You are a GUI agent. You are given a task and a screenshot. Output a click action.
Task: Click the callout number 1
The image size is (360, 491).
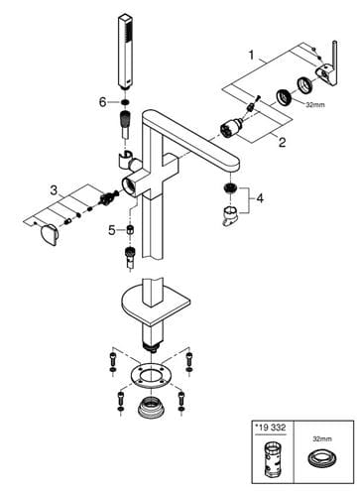[x=252, y=55]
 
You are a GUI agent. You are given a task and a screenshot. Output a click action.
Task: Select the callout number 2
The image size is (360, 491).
[x=282, y=142]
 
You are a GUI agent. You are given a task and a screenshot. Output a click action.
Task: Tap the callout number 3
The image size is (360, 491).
[x=54, y=190]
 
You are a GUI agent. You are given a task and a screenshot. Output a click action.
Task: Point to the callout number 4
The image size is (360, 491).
[x=260, y=198]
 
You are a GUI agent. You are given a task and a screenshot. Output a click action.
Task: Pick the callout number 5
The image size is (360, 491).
[x=112, y=230]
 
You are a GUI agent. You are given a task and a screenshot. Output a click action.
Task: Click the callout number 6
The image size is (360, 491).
[x=103, y=102]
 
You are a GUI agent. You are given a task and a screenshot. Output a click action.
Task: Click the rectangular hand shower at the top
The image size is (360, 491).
[x=125, y=52]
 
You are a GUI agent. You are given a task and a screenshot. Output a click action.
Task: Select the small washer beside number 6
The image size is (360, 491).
[x=125, y=102]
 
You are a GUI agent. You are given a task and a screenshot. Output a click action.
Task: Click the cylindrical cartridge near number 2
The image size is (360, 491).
[x=230, y=126]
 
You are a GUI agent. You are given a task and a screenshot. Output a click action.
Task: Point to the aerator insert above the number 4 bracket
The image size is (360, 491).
[x=230, y=187]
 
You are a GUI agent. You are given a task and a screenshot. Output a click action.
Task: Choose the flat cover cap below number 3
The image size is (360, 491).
[x=50, y=235]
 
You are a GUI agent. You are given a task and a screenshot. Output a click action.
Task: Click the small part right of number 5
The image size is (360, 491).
[x=130, y=229]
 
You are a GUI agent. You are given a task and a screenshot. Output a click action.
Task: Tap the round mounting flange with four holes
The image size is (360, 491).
[x=151, y=376]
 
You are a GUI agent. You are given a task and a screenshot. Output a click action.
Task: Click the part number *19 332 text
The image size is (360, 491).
[x=270, y=428]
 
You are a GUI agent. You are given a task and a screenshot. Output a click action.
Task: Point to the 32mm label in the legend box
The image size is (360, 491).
[x=322, y=439]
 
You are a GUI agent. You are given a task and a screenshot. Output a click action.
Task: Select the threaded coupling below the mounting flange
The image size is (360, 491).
[x=151, y=406]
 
